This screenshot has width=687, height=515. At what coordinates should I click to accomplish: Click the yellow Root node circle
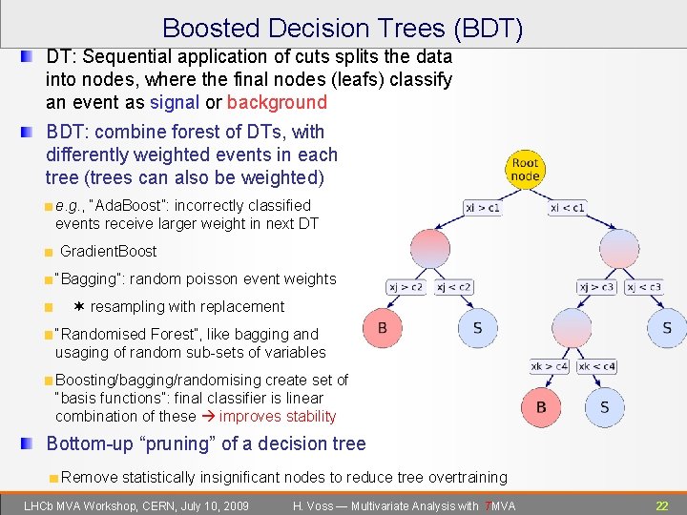pyautogui.click(x=525, y=169)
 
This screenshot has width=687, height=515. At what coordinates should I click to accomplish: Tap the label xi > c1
pyautogui.click(x=483, y=207)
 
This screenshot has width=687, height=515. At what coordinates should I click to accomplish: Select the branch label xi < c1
pyautogui.click(x=567, y=207)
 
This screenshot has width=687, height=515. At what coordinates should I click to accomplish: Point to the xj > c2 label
pyautogui.click(x=406, y=286)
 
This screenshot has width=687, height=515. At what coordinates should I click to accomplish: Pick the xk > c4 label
pyautogui.click(x=550, y=366)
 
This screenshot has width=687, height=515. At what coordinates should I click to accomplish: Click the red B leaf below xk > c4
pyautogui.click(x=541, y=407)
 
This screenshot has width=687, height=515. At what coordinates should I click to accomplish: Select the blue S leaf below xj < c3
pyautogui.click(x=666, y=328)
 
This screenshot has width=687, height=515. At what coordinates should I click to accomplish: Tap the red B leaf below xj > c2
pyautogui.click(x=382, y=328)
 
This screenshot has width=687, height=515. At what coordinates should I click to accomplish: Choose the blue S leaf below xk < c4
pyautogui.click(x=604, y=407)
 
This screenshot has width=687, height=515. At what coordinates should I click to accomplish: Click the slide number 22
pyautogui.click(x=661, y=505)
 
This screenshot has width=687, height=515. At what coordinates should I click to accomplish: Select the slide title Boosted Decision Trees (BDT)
pyautogui.click(x=343, y=29)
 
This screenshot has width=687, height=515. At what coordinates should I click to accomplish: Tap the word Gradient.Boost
pyautogui.click(x=108, y=252)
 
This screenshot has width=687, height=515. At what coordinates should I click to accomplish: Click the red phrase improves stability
pyautogui.click(x=278, y=416)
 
